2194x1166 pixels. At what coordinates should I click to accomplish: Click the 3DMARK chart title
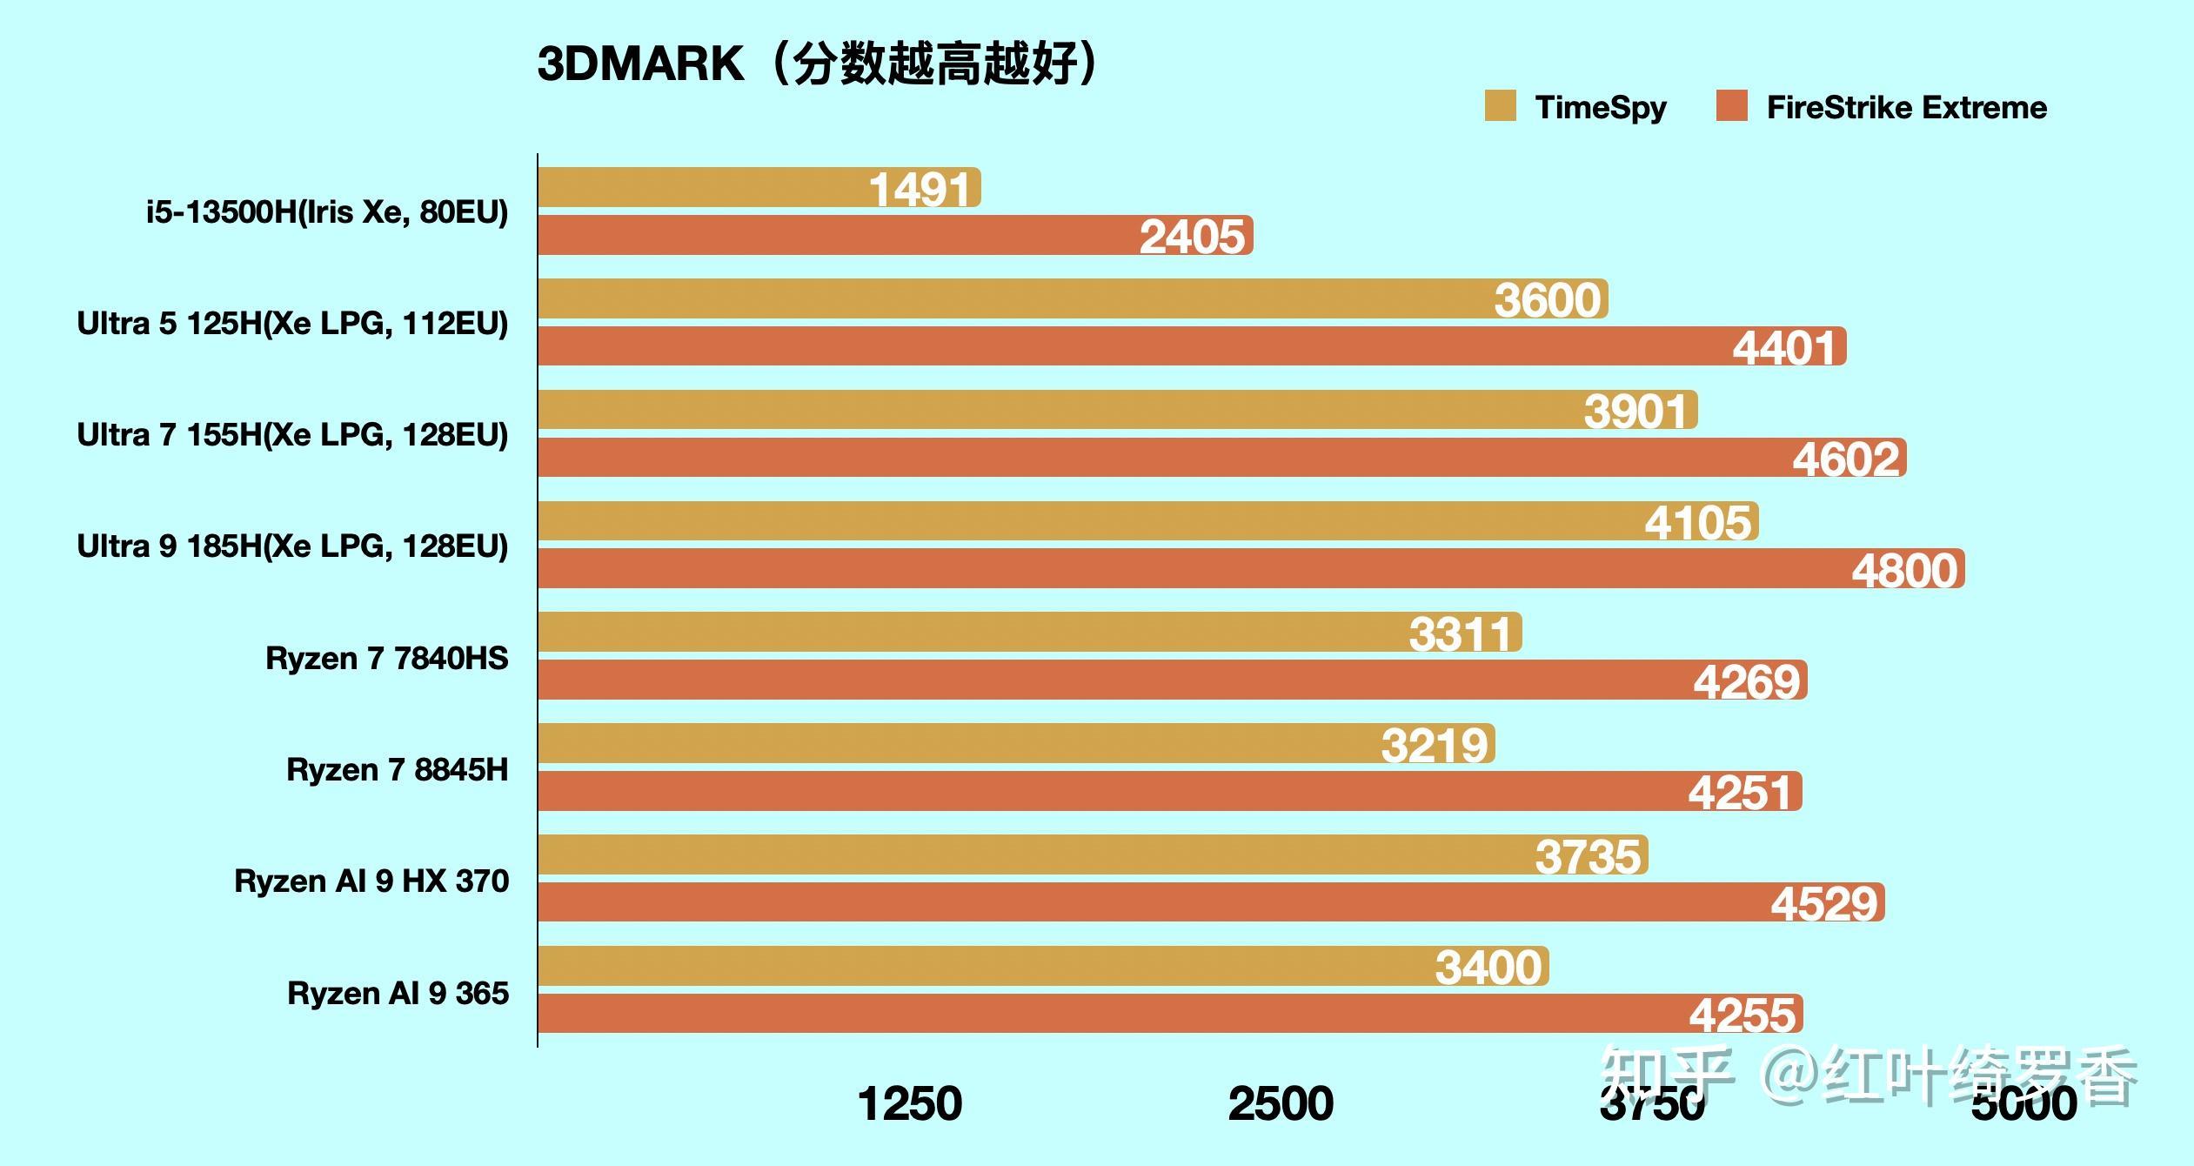818,64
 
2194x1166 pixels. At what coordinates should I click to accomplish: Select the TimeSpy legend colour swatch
1501,106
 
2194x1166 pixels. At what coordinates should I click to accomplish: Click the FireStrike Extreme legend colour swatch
1732,106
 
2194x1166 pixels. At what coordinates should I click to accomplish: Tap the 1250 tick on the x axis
910,1103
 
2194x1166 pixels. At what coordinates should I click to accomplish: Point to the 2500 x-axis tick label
1281,1103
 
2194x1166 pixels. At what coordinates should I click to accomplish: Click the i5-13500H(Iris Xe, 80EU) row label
327,212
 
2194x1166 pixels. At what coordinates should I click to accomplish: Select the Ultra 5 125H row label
292,324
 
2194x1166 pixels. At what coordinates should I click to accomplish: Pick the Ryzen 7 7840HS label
386,659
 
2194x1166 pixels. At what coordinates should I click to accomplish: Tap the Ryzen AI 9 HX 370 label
371,881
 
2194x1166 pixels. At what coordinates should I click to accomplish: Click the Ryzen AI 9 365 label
398,993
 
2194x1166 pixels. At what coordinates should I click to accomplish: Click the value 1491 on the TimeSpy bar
920,190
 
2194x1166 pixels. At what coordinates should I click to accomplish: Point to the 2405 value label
1192,237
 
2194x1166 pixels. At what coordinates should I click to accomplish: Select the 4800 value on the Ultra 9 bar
1904,571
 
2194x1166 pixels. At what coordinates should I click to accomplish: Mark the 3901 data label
1635,411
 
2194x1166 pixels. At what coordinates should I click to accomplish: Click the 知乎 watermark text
1666,1076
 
